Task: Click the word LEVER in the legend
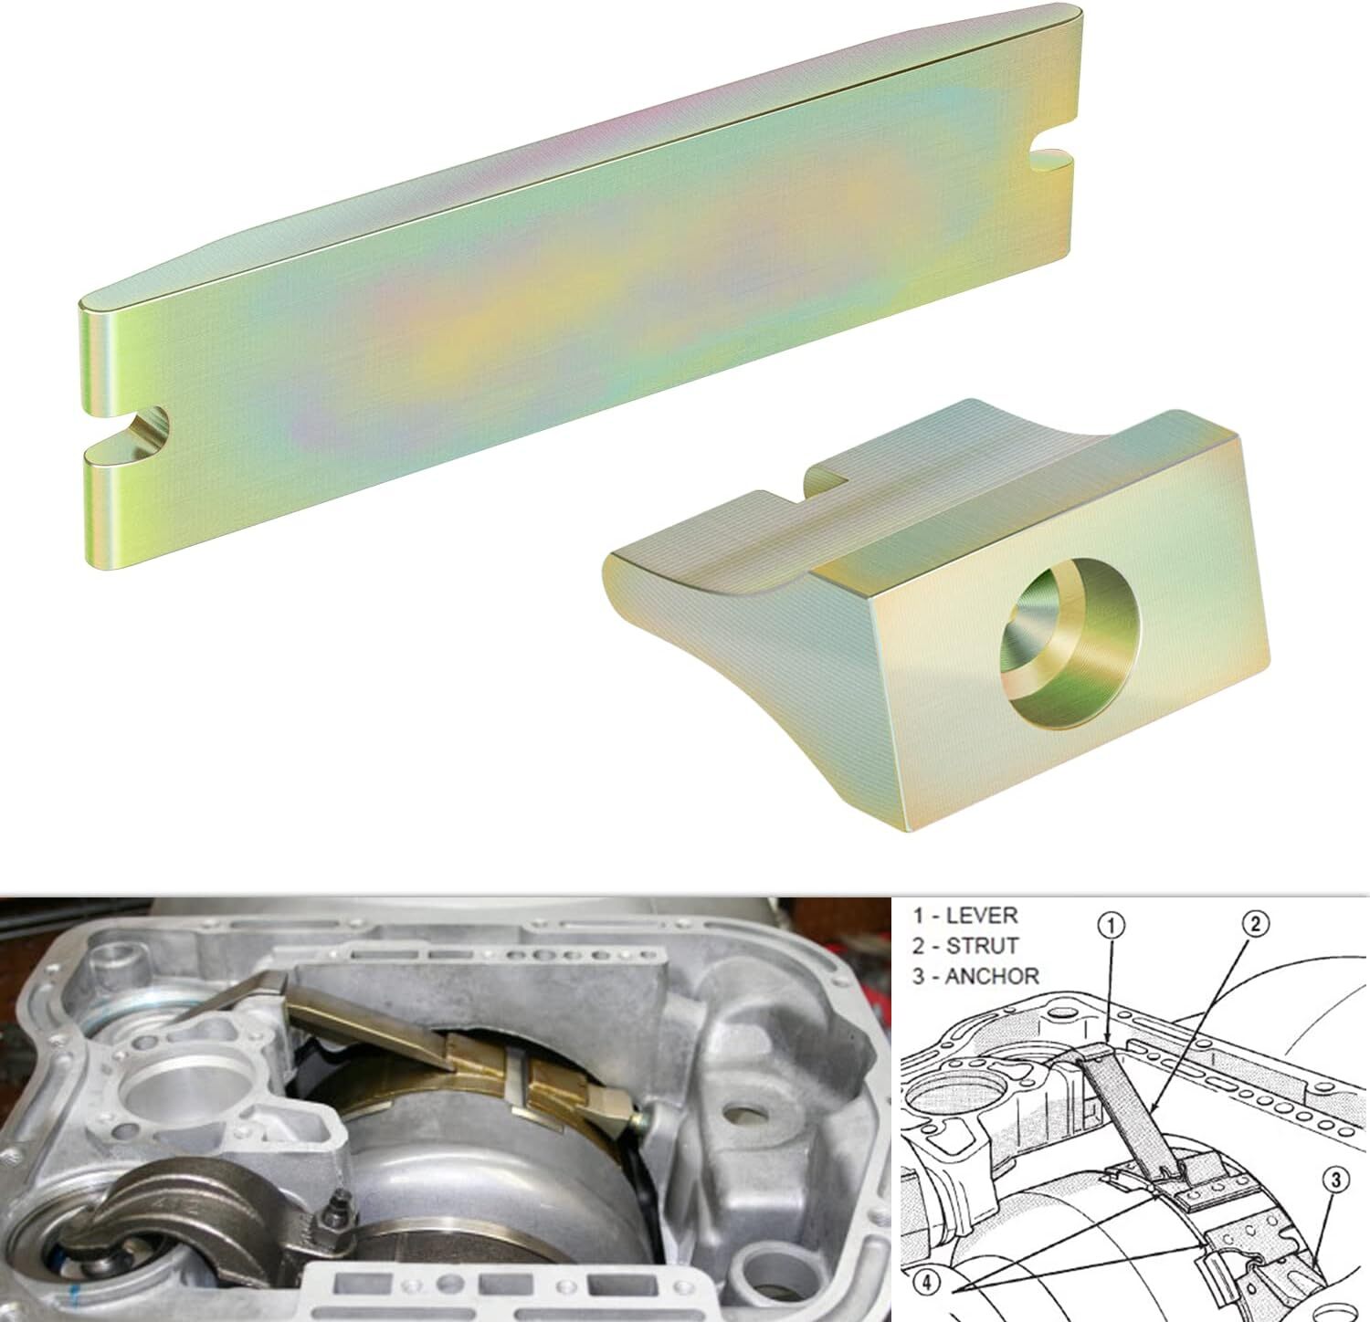click(981, 915)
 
